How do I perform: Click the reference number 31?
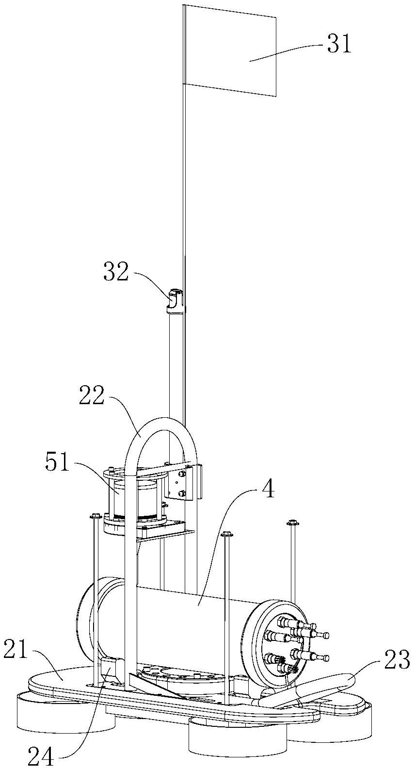click(339, 44)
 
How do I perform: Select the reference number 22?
click(91, 396)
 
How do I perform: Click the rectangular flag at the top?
click(230, 50)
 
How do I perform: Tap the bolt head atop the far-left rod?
click(95, 516)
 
